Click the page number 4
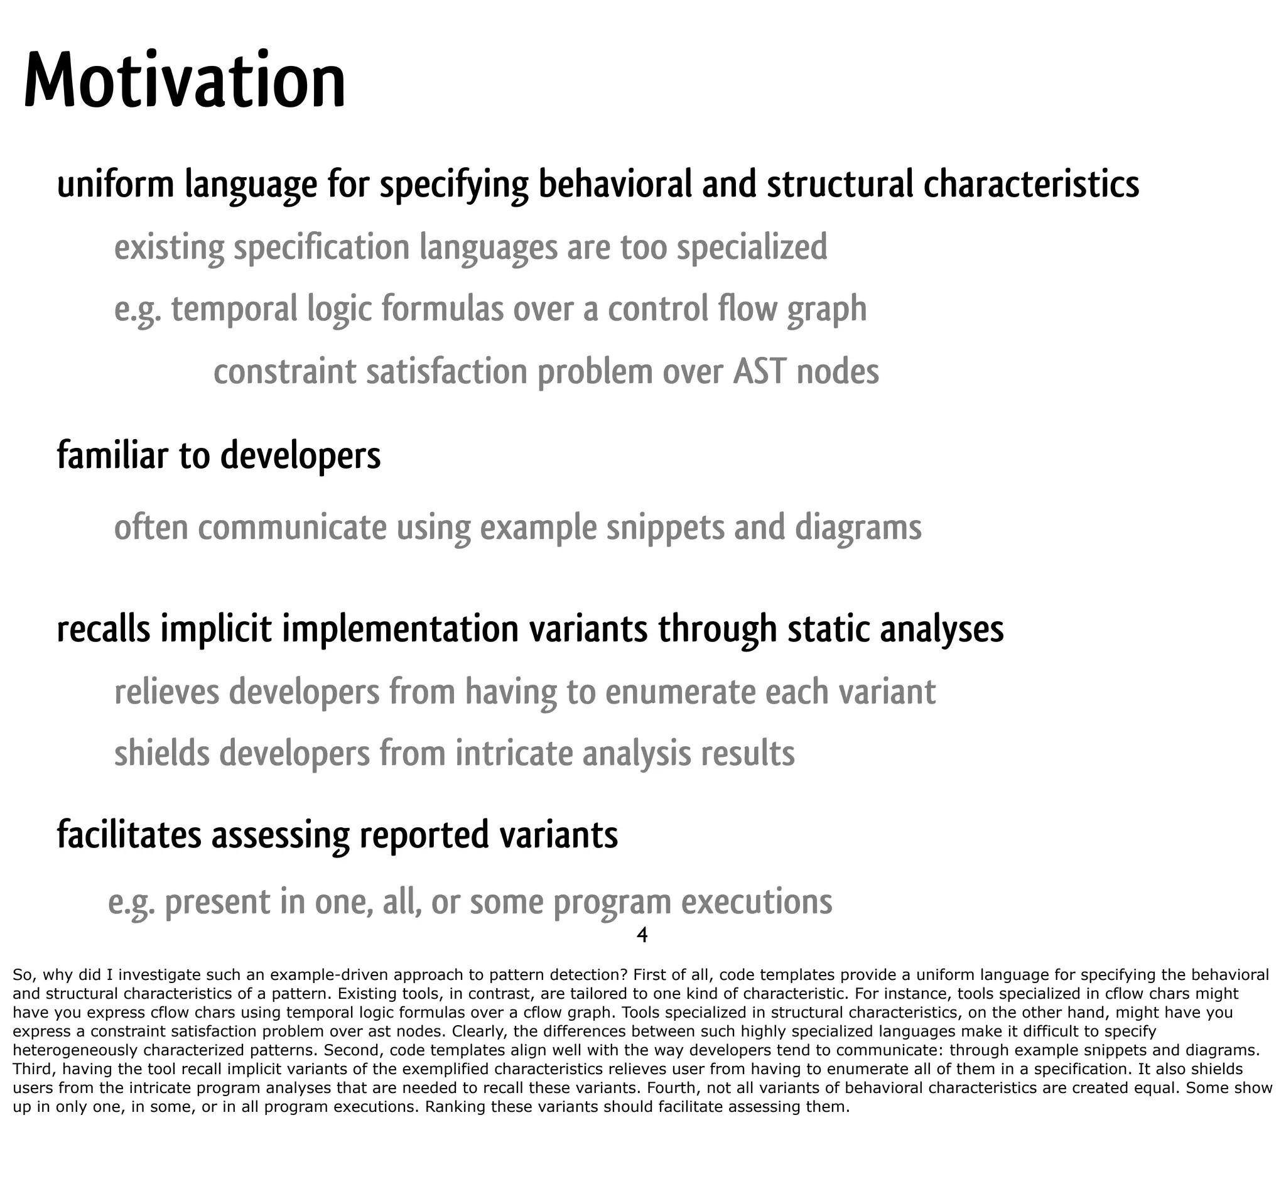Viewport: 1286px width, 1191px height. point(642,935)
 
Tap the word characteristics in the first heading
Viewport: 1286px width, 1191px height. point(1031,184)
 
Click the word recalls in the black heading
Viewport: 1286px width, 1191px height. point(104,629)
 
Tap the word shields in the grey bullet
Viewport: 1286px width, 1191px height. point(162,753)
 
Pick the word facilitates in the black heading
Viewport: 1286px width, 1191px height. point(129,835)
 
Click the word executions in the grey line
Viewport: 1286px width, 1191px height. point(757,901)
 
